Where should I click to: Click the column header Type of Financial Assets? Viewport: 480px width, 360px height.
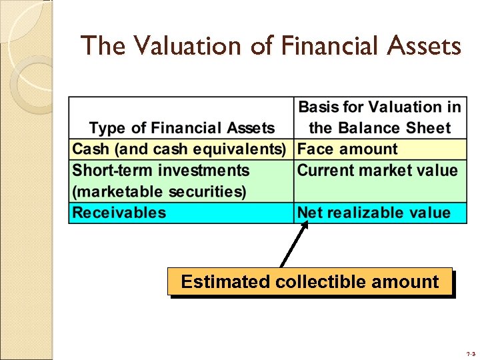coord(181,128)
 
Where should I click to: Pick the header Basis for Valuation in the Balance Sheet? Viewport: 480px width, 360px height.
coord(379,117)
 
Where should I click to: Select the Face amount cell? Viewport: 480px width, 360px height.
coord(347,149)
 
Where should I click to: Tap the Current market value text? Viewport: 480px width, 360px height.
coord(377,171)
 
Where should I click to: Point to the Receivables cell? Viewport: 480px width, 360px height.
coord(119,213)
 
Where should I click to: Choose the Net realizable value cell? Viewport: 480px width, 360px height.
coord(373,213)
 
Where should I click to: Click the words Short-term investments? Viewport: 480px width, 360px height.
coord(161,171)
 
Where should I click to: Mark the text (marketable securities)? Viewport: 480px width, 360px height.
coord(159,192)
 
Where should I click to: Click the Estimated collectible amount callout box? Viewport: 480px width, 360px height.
coord(310,281)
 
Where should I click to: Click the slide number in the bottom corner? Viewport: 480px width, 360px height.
coord(470,353)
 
